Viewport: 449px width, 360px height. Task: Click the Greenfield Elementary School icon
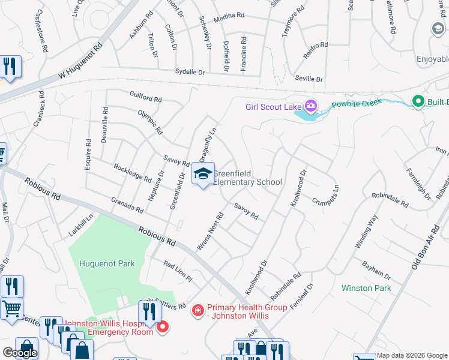click(x=203, y=175)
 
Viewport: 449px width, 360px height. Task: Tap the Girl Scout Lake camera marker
click(x=311, y=107)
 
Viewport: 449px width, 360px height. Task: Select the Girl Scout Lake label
click(x=273, y=107)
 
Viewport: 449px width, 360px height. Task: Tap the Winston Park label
click(x=366, y=288)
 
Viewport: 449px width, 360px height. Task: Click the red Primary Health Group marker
click(x=197, y=310)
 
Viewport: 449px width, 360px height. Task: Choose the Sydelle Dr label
click(x=190, y=71)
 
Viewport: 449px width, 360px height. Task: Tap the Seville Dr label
click(x=309, y=79)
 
